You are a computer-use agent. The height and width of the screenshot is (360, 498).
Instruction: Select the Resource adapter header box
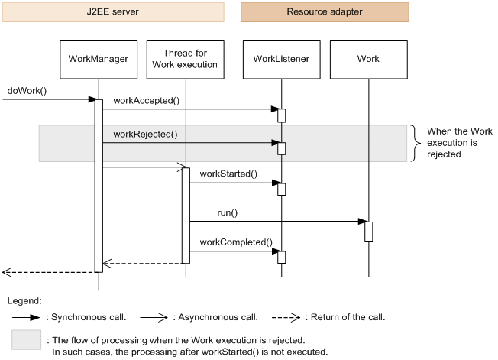[325, 11]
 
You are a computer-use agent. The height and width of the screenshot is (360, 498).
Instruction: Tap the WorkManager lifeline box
[98, 59]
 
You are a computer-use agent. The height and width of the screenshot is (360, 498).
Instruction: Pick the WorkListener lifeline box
[280, 59]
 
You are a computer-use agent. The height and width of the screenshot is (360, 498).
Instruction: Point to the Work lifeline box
[368, 59]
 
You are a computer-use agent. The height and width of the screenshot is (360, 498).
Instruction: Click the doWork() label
[27, 90]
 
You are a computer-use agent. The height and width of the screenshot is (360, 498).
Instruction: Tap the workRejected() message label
[145, 134]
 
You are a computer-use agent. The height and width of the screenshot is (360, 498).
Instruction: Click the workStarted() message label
[228, 174]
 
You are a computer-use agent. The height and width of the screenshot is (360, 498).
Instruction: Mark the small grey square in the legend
[27, 341]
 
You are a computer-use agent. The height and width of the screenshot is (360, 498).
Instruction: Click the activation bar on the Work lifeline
[368, 231]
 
